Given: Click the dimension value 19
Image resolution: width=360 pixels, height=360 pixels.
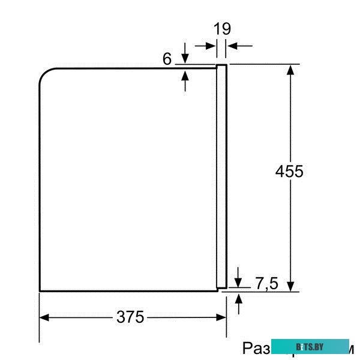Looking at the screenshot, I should [222, 29].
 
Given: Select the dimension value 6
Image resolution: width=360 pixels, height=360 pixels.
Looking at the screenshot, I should [167, 59].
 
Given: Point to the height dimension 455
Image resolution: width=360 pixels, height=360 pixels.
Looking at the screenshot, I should [289, 171].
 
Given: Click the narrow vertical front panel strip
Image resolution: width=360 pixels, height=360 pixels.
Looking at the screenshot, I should [221, 174].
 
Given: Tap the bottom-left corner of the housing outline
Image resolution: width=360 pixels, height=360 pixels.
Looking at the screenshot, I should [40, 291].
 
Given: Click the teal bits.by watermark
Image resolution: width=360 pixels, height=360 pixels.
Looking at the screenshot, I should [310, 347].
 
